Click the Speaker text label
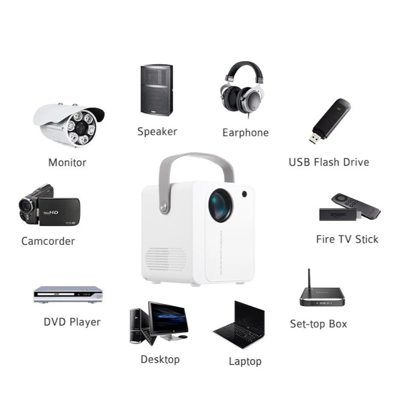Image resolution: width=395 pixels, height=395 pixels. [x=157, y=132]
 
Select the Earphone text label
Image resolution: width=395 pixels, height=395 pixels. [x=245, y=133]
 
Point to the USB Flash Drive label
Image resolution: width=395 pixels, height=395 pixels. [x=329, y=162]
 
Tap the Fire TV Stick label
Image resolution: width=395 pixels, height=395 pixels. [x=347, y=239]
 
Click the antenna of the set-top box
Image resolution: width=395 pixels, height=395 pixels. [x=309, y=279]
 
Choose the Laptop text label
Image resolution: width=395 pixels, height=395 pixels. [x=245, y=362]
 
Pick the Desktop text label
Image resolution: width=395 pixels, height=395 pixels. [x=160, y=359]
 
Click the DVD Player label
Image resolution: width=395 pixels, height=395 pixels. [x=72, y=322]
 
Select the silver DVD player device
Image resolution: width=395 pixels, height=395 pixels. [x=68, y=294]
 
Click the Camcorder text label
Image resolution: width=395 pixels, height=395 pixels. [x=48, y=241]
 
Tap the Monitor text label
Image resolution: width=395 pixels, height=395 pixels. [x=67, y=162]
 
